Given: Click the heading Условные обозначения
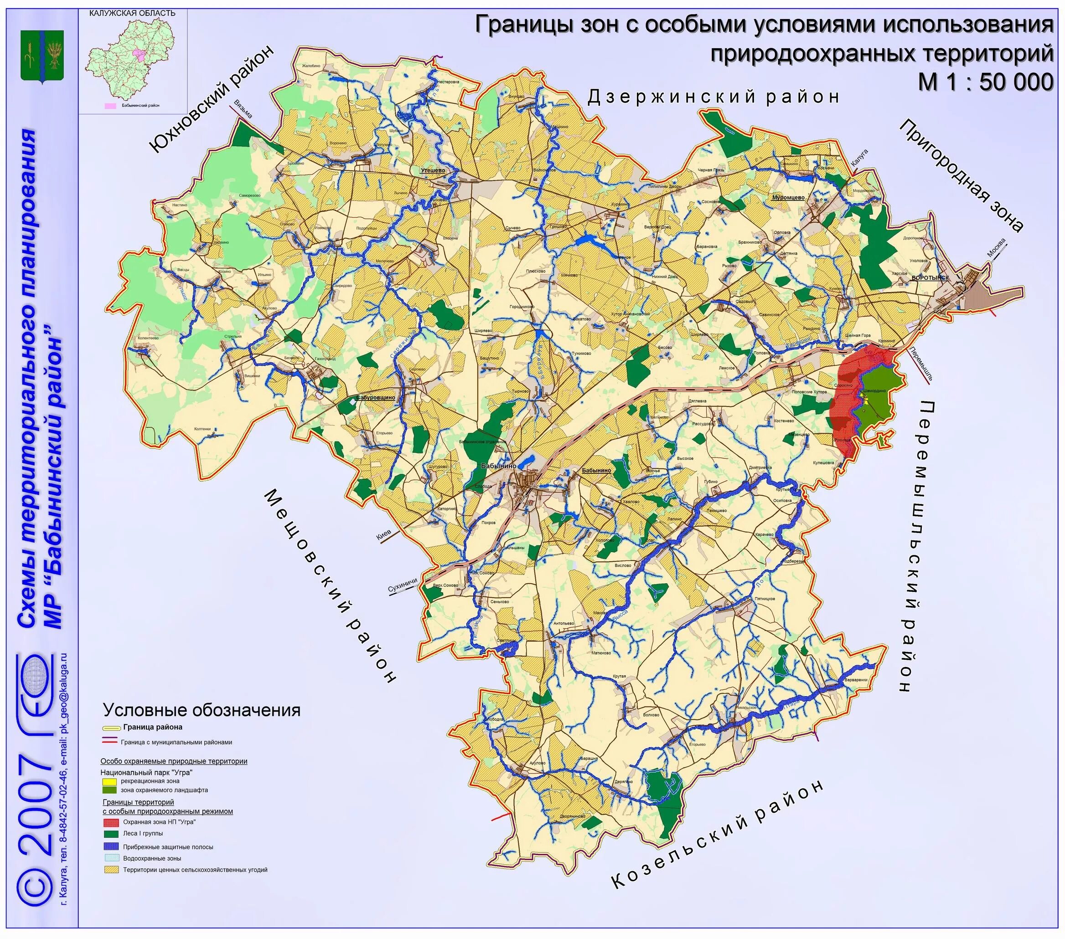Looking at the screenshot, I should pyautogui.click(x=202, y=710).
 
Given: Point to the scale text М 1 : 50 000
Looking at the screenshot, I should pyautogui.click(x=985, y=82).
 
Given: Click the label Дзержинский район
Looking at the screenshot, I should pyautogui.click(x=713, y=97).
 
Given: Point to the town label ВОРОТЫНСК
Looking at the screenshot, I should pyautogui.click(x=930, y=277).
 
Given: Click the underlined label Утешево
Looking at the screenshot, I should pyautogui.click(x=433, y=170).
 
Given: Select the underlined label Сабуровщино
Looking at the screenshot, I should pyautogui.click(x=375, y=398).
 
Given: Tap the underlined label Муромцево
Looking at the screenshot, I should pyautogui.click(x=788, y=197).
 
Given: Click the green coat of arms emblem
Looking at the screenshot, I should pyautogui.click(x=41, y=55).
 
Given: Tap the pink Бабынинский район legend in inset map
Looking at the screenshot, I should pyautogui.click(x=110, y=106).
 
